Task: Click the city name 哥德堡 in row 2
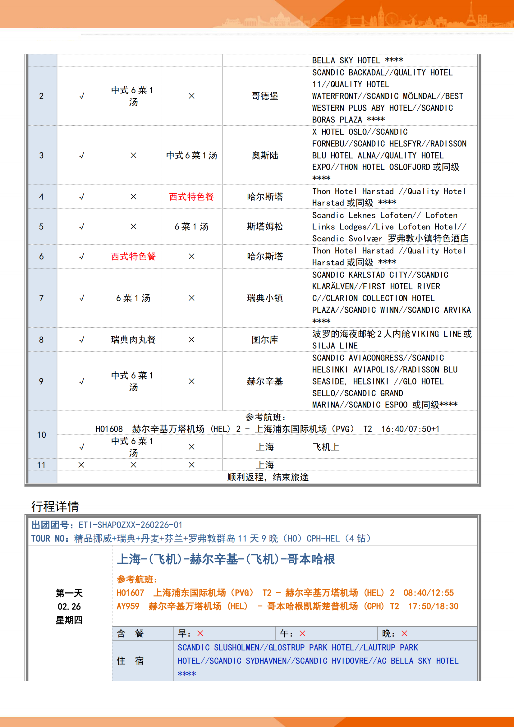tap(265, 96)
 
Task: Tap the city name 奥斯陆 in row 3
tap(265, 155)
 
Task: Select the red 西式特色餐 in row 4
tap(191, 197)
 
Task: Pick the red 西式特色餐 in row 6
tap(133, 256)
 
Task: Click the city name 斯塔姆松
tap(265, 226)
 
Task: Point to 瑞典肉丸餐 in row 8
tap(133, 340)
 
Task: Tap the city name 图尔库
tap(265, 340)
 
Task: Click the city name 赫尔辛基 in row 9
tap(265, 381)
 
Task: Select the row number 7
tap(41, 298)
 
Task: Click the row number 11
tap(41, 465)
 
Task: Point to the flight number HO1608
tap(109, 429)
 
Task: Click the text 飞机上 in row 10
tap(326, 447)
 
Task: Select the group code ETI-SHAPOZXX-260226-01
tap(131, 525)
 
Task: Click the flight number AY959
tap(128, 606)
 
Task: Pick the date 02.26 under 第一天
tap(69, 607)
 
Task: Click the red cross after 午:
tap(303, 633)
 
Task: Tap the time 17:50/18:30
tap(433, 606)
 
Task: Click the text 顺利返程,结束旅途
tap(268, 477)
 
